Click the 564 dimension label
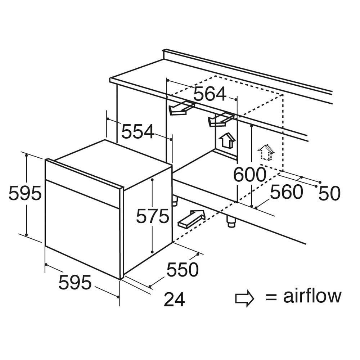click(x=210, y=94)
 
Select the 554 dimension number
click(x=138, y=131)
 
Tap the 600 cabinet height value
click(x=249, y=175)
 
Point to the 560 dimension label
click(x=286, y=192)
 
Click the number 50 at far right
click(x=329, y=193)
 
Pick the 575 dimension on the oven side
click(x=153, y=216)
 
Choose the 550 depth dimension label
click(x=183, y=270)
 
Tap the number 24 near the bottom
click(x=174, y=300)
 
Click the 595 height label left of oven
click(x=25, y=193)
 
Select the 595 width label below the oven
click(x=75, y=282)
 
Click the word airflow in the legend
click(x=312, y=296)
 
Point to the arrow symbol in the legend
click(x=244, y=298)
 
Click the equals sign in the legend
click(x=271, y=298)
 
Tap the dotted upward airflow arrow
click(x=266, y=152)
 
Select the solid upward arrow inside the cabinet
click(x=226, y=140)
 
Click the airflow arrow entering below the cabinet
click(x=191, y=219)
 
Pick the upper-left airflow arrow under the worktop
click(x=181, y=108)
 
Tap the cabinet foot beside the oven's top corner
click(x=175, y=200)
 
